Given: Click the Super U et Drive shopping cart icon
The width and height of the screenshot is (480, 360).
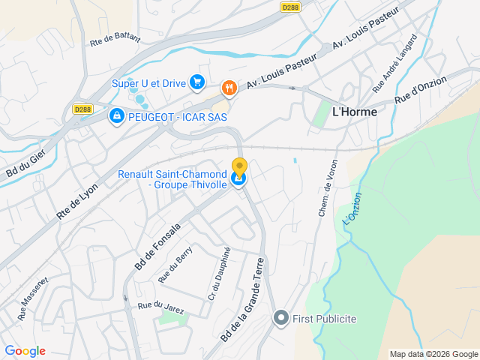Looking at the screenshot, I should (197, 82).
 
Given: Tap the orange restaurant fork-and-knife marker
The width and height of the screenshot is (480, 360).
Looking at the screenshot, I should (229, 88).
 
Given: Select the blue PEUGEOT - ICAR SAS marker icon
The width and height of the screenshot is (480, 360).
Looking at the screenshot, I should (116, 117).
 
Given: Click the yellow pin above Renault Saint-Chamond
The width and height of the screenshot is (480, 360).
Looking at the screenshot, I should (239, 167).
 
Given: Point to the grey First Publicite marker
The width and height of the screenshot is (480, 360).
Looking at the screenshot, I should (281, 319).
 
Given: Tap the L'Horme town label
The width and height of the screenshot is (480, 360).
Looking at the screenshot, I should (354, 111).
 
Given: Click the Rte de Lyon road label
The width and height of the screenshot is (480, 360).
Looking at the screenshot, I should (77, 202).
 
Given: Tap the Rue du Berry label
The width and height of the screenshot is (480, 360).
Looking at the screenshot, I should (175, 265).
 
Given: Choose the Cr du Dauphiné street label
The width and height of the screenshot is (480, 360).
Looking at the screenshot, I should (219, 274).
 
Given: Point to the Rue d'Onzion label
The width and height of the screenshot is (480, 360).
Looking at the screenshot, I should (421, 89).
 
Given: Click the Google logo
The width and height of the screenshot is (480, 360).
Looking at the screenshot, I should (25, 351).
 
